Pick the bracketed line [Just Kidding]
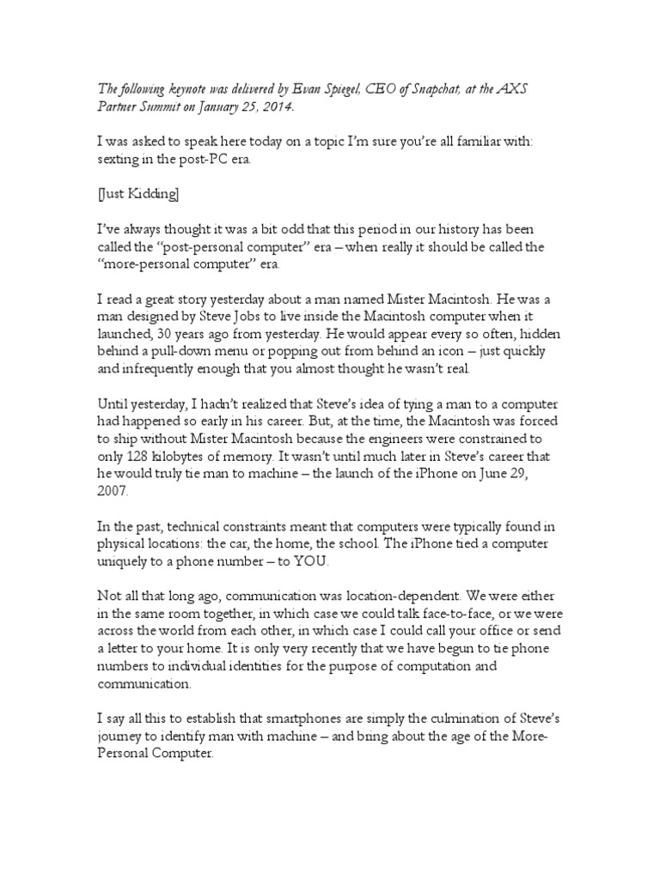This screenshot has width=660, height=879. point(137,195)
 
